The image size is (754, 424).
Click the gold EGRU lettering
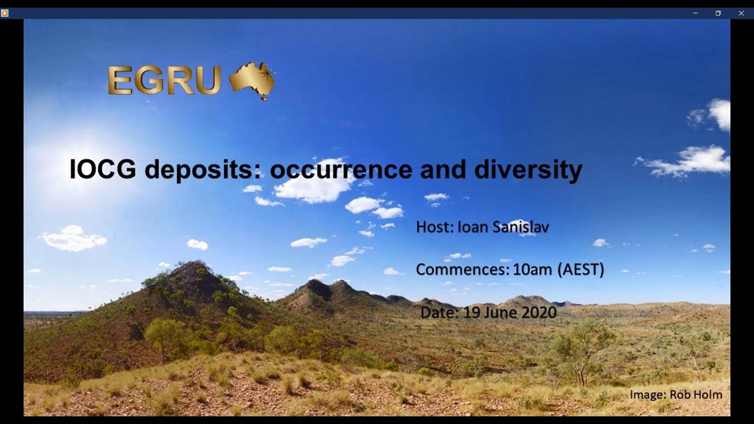(x=164, y=80)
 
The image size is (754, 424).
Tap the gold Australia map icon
(x=252, y=80)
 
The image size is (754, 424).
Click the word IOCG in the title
(x=102, y=170)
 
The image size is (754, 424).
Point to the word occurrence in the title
(x=340, y=170)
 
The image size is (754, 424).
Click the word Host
(x=434, y=227)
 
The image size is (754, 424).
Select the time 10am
(x=532, y=270)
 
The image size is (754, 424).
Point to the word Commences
(x=462, y=270)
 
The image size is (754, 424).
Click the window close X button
(x=741, y=13)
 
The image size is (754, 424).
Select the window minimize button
(x=695, y=13)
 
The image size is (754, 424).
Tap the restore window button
(x=718, y=13)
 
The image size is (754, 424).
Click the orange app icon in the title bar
(x=5, y=13)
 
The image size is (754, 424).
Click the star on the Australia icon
(x=266, y=74)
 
